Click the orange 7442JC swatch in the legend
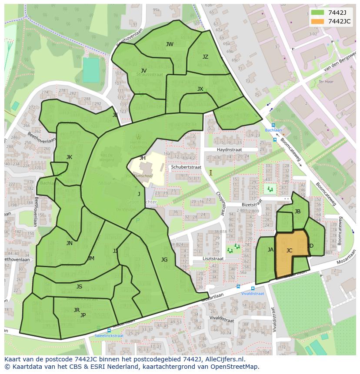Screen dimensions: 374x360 point(318,22)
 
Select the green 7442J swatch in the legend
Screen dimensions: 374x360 point(318,13)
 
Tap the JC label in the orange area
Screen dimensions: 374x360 point(289,251)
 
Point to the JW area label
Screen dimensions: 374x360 point(170,44)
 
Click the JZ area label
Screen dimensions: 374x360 point(205,57)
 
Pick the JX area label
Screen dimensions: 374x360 point(200,89)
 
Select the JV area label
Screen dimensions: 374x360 point(143,71)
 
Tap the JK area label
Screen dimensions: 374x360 point(69,157)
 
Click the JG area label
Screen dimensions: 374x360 point(164,260)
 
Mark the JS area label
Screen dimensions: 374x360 point(79,287)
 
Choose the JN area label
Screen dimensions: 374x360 point(69,243)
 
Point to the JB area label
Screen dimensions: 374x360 point(297,212)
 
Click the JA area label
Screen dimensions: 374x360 point(270,249)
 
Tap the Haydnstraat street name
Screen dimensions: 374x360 point(229,149)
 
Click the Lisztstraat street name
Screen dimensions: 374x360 point(213,258)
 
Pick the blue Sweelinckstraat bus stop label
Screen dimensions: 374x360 point(109,335)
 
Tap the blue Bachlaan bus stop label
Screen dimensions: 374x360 point(273,130)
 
